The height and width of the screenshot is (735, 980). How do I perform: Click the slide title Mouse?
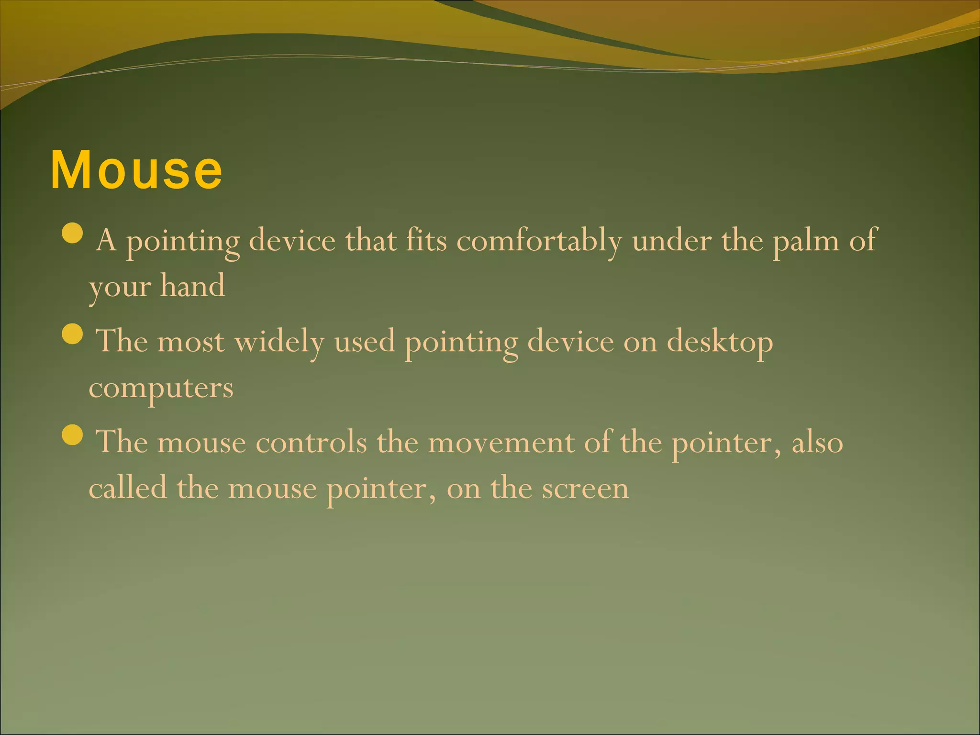point(136,170)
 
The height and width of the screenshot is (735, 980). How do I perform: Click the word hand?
point(192,286)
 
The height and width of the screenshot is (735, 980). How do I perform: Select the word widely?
point(279,342)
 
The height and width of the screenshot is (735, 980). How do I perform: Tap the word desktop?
point(720,343)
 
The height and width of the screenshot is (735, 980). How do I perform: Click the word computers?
point(161,389)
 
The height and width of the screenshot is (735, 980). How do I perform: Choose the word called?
point(128,488)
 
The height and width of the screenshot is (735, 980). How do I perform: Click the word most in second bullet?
point(190,343)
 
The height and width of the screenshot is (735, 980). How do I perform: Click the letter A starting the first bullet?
point(106,240)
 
